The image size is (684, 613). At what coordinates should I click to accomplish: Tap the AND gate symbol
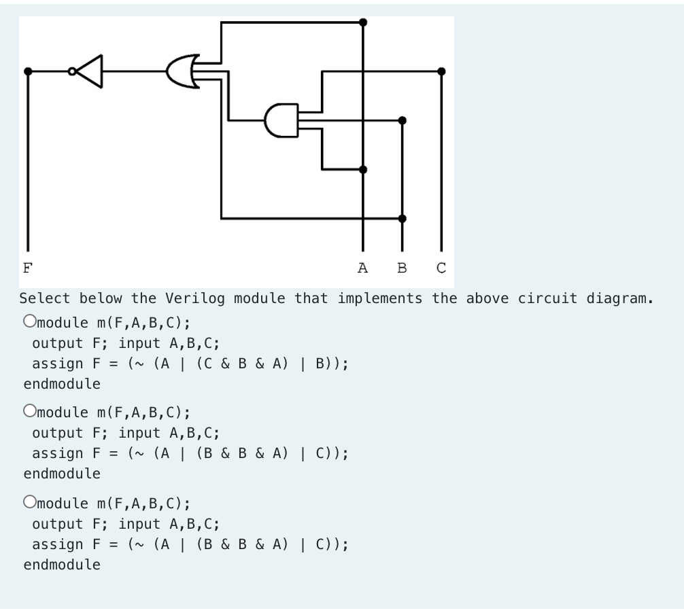point(281,120)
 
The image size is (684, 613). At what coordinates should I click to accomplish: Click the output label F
point(27,267)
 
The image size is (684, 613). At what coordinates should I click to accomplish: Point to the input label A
point(362,267)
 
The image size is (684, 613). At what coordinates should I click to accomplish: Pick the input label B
point(402,267)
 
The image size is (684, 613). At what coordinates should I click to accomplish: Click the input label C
point(441,267)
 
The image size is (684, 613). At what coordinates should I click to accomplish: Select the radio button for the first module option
point(29,321)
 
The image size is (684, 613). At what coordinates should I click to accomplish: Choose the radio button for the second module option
point(29,411)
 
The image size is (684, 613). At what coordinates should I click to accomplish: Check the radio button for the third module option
point(29,502)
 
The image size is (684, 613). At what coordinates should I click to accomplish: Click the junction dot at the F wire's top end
point(27,71)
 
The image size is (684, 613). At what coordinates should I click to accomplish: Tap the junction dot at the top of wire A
point(363,22)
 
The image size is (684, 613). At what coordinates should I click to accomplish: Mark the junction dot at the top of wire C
point(441,71)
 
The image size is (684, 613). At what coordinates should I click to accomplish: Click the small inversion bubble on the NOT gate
point(72,71)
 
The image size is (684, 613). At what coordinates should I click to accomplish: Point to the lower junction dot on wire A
point(363,169)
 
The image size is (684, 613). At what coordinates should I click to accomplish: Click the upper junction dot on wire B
point(402,120)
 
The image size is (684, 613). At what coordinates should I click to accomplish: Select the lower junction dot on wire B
point(402,218)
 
